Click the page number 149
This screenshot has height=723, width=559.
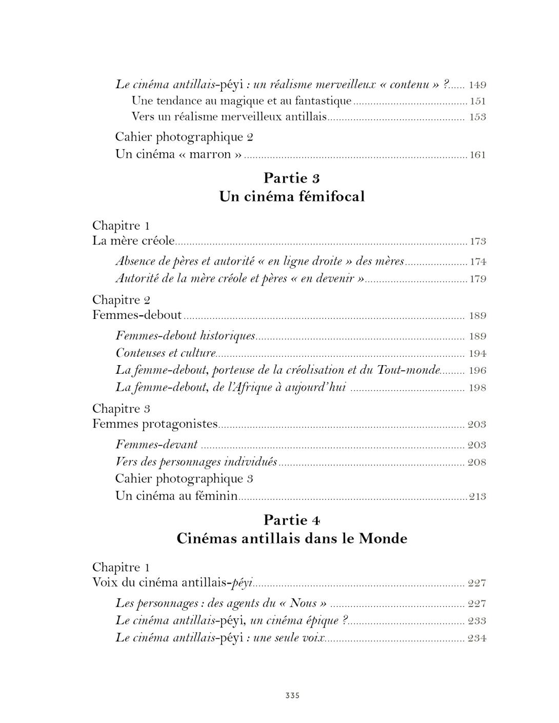[x=477, y=85]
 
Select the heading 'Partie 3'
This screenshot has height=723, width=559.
[x=292, y=178]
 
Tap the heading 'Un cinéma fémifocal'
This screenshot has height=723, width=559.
[x=292, y=196]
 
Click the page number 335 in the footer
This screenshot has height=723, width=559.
[x=292, y=695]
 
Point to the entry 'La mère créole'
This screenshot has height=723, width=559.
[x=133, y=240]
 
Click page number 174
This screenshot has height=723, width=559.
[x=477, y=262]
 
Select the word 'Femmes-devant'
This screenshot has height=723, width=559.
[x=156, y=445]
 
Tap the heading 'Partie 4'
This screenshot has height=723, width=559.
[x=292, y=520]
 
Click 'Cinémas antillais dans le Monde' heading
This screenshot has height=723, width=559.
[x=292, y=538]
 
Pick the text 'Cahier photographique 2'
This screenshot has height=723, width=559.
[x=185, y=137]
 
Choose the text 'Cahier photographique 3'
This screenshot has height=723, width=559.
[x=185, y=478]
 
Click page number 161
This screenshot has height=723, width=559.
[x=477, y=155]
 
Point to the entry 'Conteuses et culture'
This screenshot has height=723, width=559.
[x=166, y=353]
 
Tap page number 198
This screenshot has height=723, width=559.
[x=477, y=388]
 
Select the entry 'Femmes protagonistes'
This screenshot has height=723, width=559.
[x=155, y=424]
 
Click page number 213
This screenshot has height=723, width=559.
[x=477, y=496]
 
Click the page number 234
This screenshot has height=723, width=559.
[x=477, y=638]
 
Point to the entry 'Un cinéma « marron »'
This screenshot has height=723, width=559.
[x=178, y=154]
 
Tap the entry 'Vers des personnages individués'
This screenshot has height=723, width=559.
[x=196, y=462]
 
